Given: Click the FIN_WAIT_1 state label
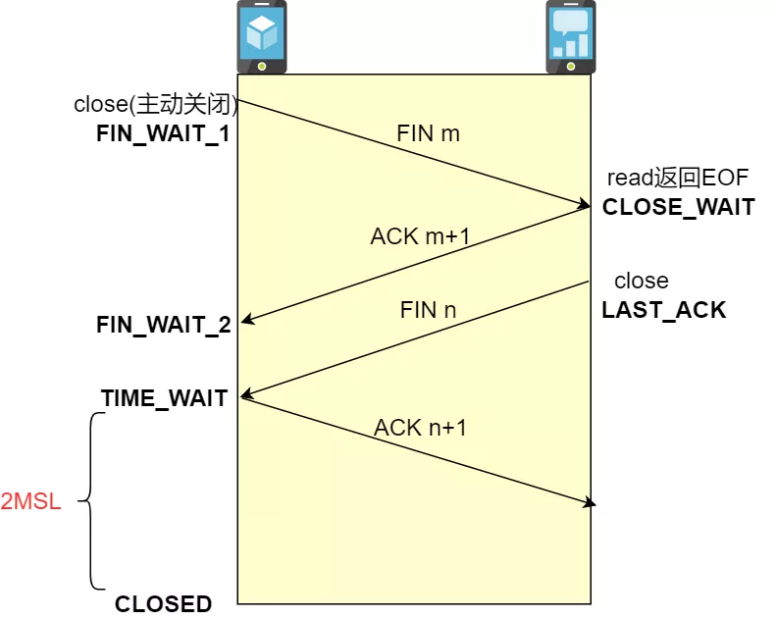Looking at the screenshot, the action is (x=163, y=133).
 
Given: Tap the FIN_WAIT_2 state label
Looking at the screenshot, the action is (x=164, y=325).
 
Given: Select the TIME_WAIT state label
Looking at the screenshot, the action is (x=164, y=398).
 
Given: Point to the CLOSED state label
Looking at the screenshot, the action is (x=163, y=604).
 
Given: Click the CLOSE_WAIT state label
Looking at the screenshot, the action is (x=679, y=207).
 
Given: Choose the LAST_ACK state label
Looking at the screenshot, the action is (x=663, y=310).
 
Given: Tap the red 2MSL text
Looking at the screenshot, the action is (x=30, y=501).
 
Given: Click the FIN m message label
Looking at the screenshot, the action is (x=428, y=133).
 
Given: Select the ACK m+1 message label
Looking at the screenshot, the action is (x=420, y=236).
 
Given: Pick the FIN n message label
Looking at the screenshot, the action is (x=428, y=310).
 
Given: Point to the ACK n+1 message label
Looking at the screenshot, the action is (x=420, y=428).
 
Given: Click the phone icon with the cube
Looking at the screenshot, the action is (x=262, y=37).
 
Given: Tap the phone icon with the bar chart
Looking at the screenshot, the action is (x=571, y=37).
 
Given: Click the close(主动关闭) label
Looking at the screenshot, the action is (x=156, y=104).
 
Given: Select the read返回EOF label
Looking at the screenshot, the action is (x=678, y=178).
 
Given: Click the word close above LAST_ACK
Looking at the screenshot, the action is (x=642, y=281).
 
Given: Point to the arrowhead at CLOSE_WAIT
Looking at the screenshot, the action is (x=584, y=204).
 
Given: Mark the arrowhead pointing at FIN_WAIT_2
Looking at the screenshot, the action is (x=246, y=320).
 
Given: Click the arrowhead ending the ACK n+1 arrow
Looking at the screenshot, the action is (x=590, y=503).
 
